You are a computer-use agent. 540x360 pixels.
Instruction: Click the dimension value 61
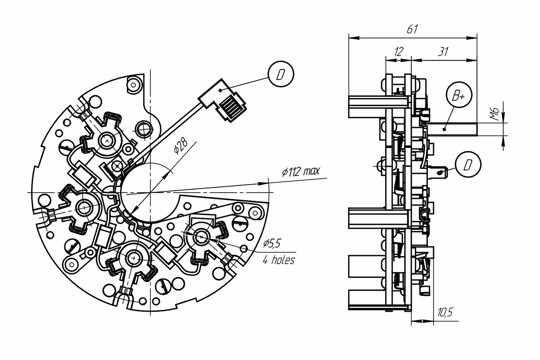[x=412, y=29]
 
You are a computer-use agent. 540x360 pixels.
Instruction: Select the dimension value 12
[x=399, y=52]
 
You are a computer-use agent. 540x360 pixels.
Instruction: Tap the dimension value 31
[x=443, y=52]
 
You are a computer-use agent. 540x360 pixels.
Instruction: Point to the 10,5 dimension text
[x=445, y=312]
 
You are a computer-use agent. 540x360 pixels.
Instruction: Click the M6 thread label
[x=495, y=113]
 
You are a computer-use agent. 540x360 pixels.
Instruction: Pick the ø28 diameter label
[x=181, y=146]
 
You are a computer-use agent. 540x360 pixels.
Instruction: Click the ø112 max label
[x=301, y=171]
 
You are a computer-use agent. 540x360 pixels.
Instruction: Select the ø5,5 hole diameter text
[x=272, y=243]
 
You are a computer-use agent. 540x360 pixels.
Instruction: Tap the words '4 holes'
[x=279, y=260]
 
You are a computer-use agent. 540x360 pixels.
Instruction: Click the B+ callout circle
[x=459, y=95]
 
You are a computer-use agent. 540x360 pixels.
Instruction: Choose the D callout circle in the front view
[x=281, y=74]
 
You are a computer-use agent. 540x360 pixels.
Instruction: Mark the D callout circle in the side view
[x=468, y=165]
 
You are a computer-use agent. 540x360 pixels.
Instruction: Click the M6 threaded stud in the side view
[x=452, y=129]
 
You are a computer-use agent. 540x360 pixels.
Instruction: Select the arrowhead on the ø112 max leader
[x=264, y=184]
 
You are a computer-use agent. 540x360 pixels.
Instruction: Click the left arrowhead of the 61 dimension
[x=354, y=38]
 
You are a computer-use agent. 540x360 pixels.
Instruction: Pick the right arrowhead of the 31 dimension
[x=472, y=60]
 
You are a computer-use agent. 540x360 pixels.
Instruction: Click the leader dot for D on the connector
[x=220, y=90]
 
